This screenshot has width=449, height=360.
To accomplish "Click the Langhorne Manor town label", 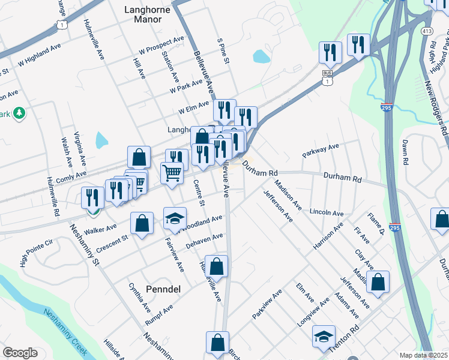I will click(x=143, y=14).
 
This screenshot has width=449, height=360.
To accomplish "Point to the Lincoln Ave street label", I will click(x=327, y=212).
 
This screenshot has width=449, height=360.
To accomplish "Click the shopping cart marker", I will click(x=172, y=173).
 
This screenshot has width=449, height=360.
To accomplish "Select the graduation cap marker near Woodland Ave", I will click(x=175, y=218).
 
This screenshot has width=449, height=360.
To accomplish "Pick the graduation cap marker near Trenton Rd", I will click(x=324, y=337).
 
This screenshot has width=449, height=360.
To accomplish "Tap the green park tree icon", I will click(x=19, y=113).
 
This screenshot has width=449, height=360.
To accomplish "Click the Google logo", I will click(x=20, y=353).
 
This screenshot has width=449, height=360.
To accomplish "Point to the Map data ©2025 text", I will click(x=423, y=355).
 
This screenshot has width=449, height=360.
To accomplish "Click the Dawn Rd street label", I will click(x=406, y=154).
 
